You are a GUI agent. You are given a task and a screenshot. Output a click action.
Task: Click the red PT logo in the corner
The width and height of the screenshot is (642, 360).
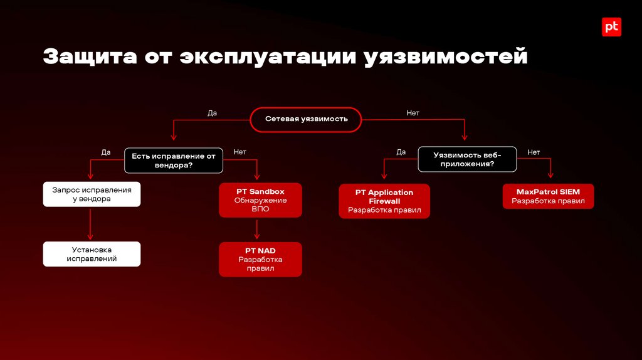tap(611, 27)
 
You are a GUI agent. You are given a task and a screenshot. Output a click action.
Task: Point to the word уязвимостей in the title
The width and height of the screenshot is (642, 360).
tap(446, 58)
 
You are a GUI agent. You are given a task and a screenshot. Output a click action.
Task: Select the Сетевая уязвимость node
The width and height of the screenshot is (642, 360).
tap(306, 119)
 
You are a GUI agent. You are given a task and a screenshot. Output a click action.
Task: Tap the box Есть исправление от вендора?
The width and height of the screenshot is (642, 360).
tap(173, 161)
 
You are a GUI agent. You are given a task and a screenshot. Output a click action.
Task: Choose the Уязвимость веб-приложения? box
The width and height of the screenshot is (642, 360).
tap(467, 159)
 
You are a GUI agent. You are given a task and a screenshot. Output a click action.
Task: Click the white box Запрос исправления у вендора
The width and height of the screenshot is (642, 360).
tap(92, 194)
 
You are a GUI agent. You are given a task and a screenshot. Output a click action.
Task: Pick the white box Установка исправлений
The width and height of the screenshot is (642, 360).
tap(92, 254)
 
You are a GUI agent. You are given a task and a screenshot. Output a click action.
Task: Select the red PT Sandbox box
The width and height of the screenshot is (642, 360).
tap(260, 200)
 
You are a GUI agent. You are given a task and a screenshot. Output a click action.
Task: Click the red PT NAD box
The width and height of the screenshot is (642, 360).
tap(260, 259)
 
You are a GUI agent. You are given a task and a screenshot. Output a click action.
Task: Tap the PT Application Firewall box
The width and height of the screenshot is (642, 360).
tap(384, 201)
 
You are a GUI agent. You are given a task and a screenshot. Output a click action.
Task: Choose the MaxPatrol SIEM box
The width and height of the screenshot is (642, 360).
tap(548, 196)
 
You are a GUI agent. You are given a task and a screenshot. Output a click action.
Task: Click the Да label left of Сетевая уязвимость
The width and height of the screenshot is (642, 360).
tap(212, 114)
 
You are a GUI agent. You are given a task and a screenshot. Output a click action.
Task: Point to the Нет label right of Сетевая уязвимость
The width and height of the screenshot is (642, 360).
tap(413, 114)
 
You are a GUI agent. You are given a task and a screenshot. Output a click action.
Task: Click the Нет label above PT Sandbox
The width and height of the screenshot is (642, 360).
tap(239, 152)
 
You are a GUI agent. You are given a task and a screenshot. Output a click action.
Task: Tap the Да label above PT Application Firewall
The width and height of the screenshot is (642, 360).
tap(401, 152)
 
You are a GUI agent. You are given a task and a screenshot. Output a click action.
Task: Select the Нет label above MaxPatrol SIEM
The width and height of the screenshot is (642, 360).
tap(534, 152)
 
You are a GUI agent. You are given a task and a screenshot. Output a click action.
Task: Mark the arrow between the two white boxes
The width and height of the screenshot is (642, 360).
tap(92, 224)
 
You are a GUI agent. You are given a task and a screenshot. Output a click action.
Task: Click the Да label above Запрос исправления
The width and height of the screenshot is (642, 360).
tap(106, 152)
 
